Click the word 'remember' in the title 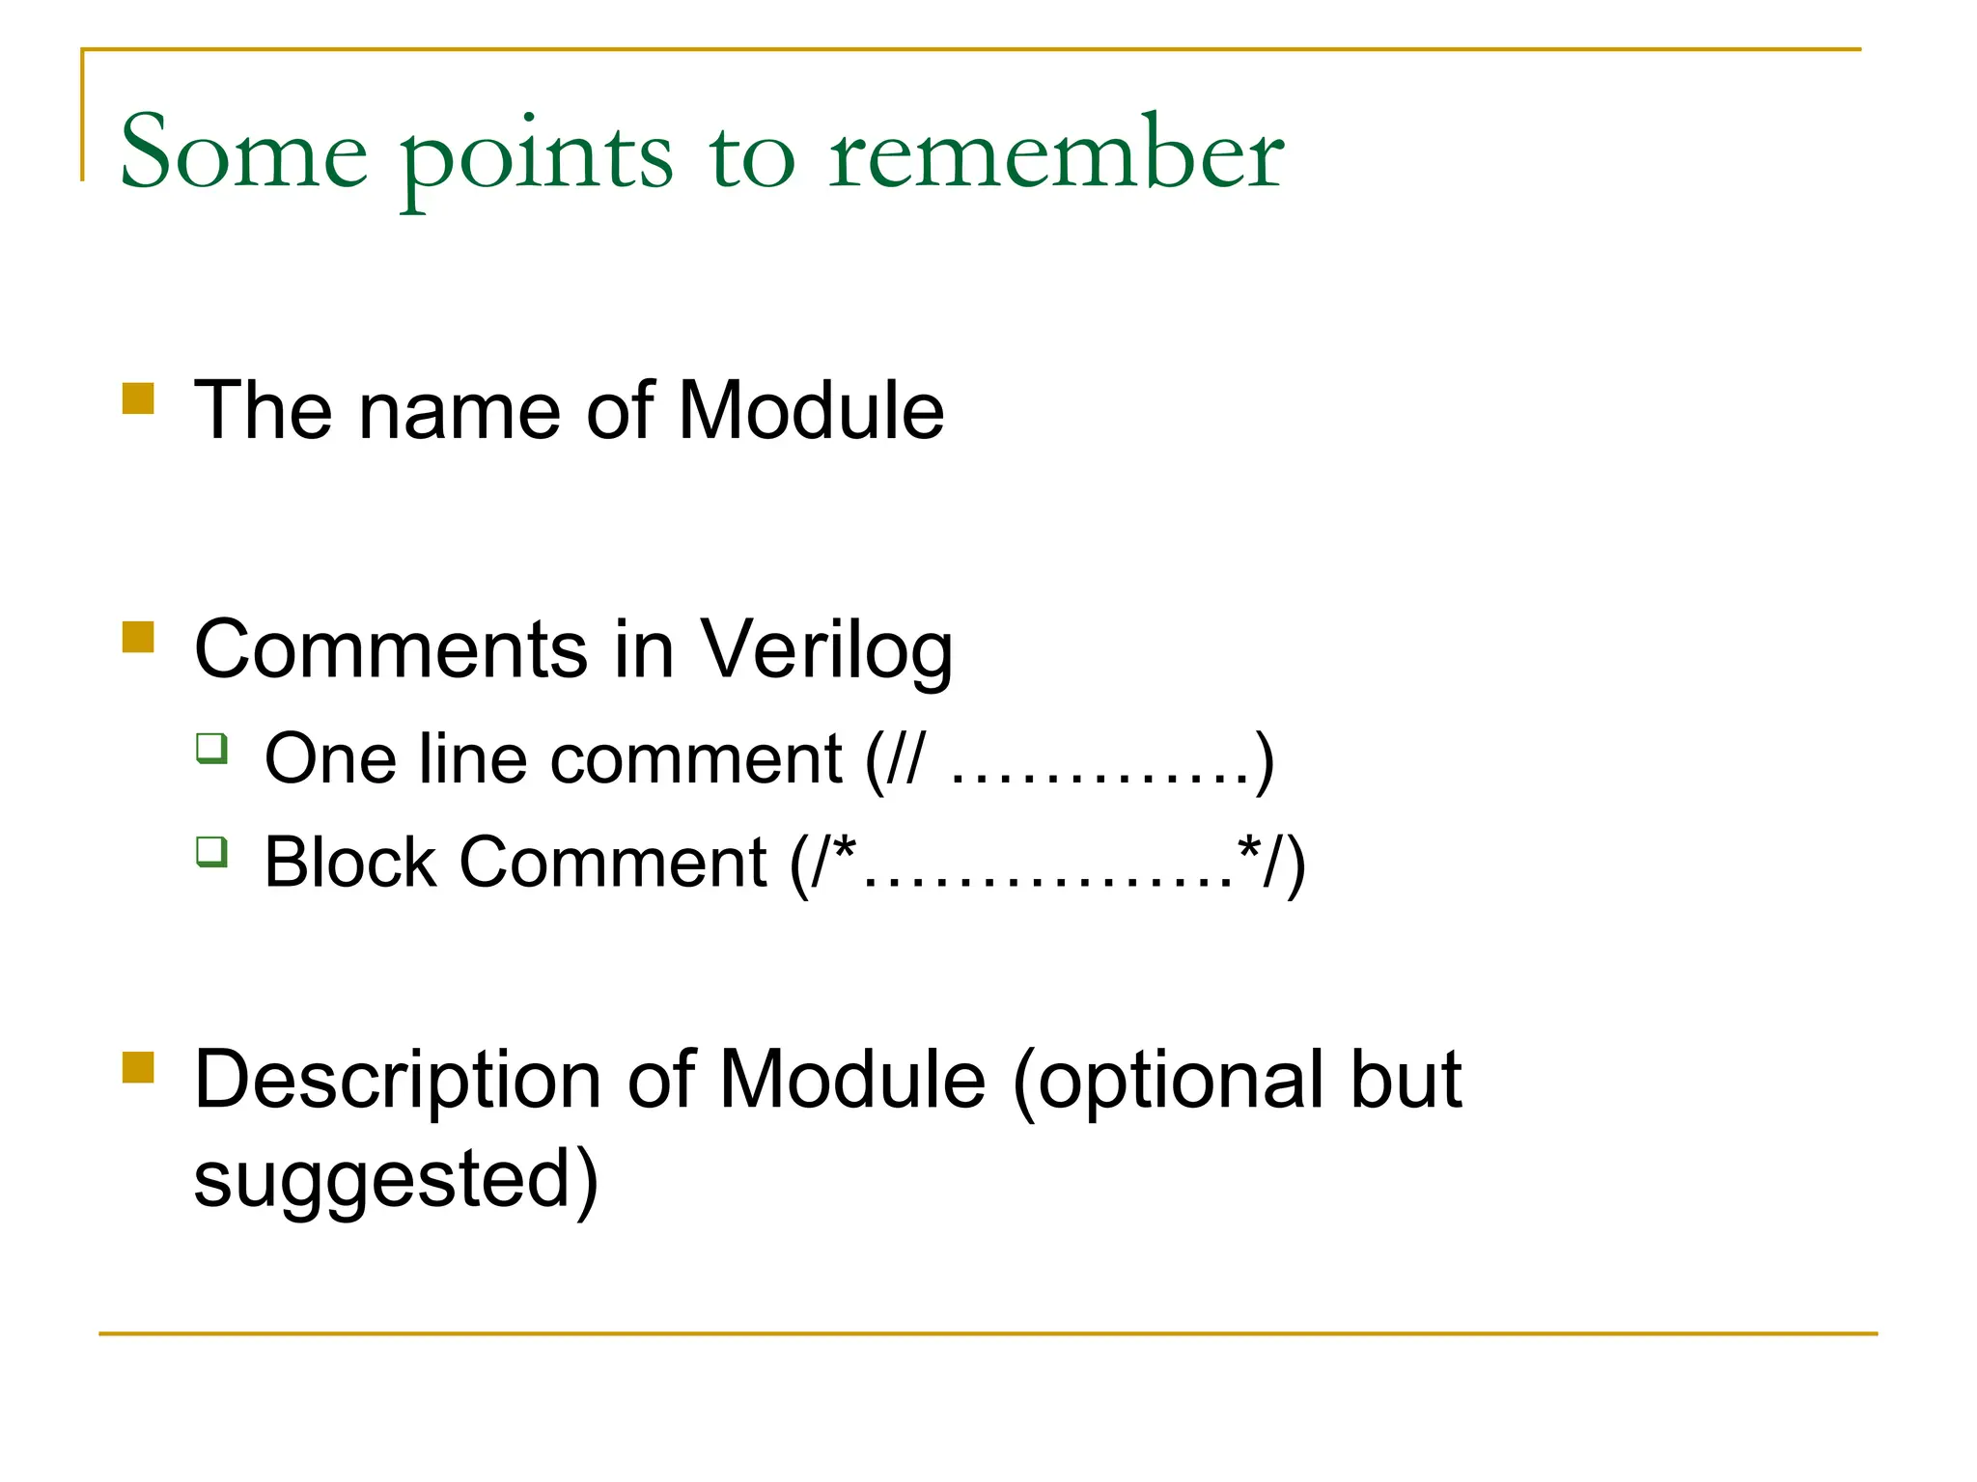click(1056, 154)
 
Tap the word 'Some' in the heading click(243, 154)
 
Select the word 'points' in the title click(537, 159)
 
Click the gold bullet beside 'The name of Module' click(138, 398)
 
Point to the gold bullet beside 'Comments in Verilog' click(138, 638)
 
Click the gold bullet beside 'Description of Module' click(138, 1068)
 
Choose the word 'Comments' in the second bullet click(390, 648)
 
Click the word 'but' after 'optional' click(1406, 1079)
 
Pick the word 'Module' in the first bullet click(810, 411)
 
